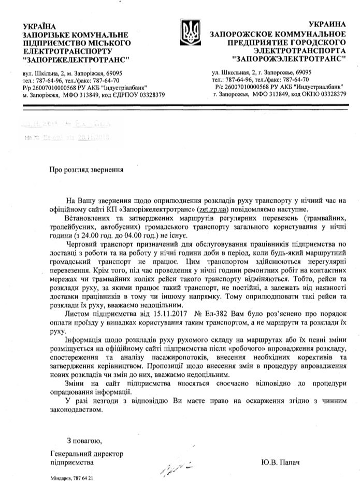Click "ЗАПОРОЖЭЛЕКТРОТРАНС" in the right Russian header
290,60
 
